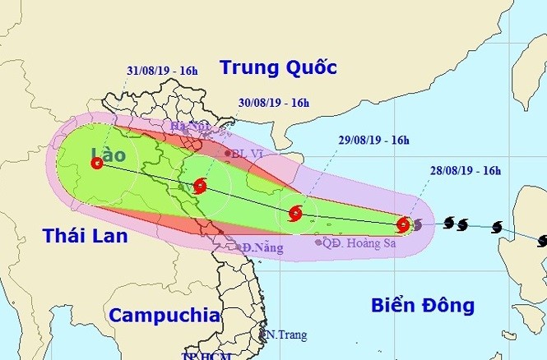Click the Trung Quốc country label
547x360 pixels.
coord(278,68)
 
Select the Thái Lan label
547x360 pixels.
coord(86,237)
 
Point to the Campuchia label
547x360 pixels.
coord(165,315)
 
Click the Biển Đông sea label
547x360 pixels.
coord(423,306)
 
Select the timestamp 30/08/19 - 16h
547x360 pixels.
coord(274,103)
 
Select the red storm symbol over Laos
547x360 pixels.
coord(98,164)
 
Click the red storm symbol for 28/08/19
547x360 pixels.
coord(403,224)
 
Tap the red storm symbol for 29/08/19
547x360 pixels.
coord(295,215)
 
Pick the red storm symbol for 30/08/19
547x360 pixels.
coord(201,187)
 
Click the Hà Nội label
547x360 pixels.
coord(188,126)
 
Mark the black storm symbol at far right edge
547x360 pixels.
coord(542,241)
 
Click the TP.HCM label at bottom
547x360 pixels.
coord(202,356)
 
